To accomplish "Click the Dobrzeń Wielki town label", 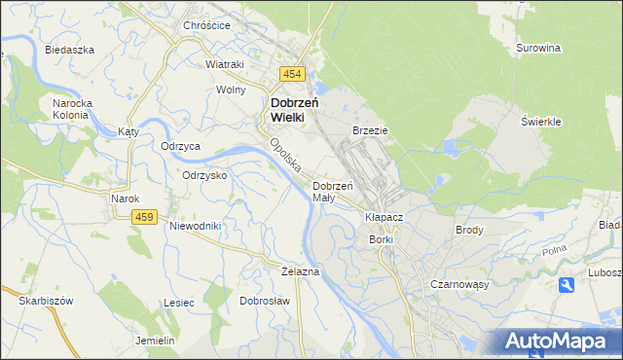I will point(287,108).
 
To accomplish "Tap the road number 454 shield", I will point(292,75).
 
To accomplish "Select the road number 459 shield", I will point(145,217).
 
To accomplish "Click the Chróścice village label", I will point(206,25).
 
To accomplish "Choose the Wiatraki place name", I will point(224,64).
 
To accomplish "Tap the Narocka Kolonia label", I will point(70,107).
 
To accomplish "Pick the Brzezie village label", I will point(370,129).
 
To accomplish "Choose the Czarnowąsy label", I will point(458,284).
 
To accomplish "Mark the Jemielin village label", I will point(155,341).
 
